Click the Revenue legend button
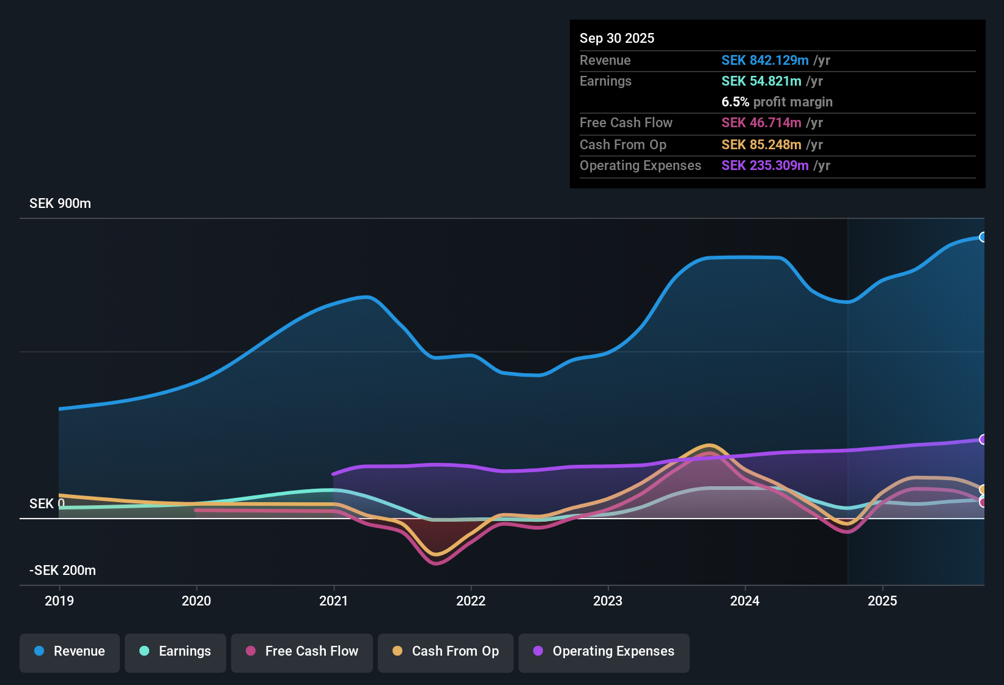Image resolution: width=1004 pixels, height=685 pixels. click(70, 651)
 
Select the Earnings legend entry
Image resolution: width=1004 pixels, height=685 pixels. click(175, 651)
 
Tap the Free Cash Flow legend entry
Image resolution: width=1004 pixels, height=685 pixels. click(302, 651)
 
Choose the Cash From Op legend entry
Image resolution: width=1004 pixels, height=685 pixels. click(446, 651)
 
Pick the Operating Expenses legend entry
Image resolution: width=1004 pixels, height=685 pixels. click(604, 651)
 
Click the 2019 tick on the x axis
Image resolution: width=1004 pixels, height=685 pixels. click(59, 601)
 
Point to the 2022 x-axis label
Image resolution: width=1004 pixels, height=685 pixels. click(471, 601)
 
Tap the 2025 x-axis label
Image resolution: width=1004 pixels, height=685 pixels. click(882, 601)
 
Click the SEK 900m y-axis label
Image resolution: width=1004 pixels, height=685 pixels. click(60, 204)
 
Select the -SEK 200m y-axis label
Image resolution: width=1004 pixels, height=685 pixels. click(62, 571)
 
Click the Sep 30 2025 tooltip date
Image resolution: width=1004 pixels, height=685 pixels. click(617, 38)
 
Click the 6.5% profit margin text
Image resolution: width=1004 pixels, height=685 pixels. click(777, 102)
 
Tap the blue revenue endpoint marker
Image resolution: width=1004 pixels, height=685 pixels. click(983, 237)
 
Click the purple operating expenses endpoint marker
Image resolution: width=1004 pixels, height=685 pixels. click(983, 439)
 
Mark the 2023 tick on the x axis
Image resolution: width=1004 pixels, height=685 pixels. click(608, 601)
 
